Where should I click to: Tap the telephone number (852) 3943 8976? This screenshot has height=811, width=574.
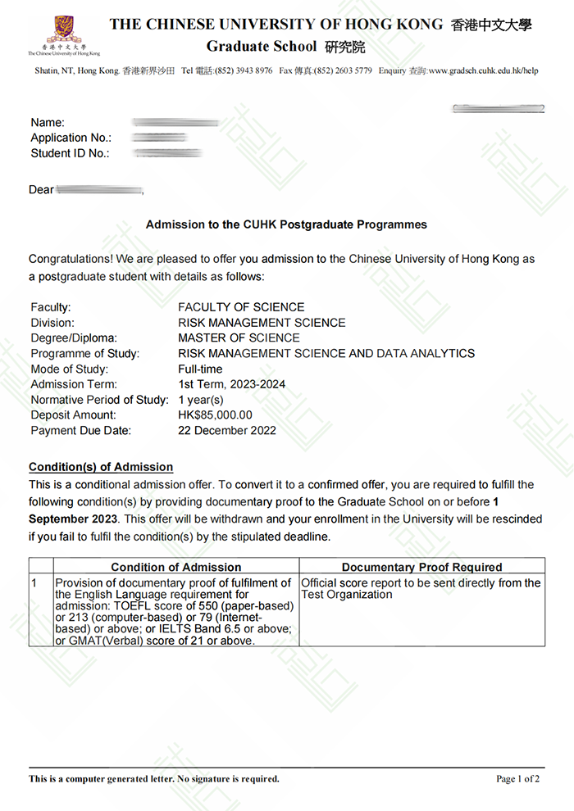(244, 71)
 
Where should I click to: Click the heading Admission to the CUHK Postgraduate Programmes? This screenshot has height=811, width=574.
(286, 224)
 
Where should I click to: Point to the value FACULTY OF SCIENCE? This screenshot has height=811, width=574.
(241, 307)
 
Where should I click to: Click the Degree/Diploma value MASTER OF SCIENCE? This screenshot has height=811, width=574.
(239, 338)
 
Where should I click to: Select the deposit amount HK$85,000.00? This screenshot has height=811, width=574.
(215, 415)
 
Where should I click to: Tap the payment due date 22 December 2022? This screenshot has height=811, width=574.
(227, 431)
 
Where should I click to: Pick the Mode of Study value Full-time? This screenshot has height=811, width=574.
(198, 369)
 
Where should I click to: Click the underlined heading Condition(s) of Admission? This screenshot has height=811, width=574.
(101, 467)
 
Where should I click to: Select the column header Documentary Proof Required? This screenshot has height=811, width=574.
(421, 567)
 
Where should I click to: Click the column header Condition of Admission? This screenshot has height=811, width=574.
(176, 567)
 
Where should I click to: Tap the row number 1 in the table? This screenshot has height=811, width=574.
(34, 583)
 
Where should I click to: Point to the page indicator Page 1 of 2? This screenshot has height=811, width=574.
(517, 779)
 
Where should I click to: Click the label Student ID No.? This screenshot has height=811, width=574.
(70, 153)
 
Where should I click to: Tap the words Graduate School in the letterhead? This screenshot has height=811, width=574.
(249, 47)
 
